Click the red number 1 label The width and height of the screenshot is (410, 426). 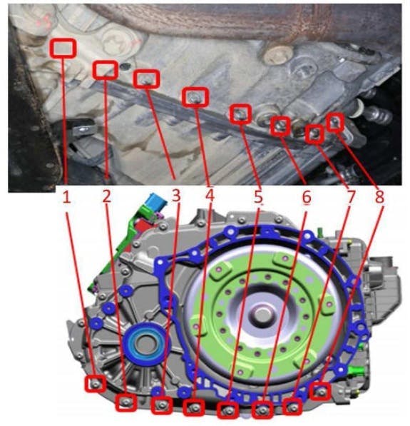click(67, 197)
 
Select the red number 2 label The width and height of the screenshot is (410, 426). click(107, 196)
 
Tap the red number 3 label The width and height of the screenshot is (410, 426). click(176, 196)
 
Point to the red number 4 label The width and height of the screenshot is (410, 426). click(210, 196)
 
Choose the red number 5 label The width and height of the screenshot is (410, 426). click(258, 197)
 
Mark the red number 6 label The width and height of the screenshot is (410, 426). click(307, 197)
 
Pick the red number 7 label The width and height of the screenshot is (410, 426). click(351, 197)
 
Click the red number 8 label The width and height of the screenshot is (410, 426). click(379, 196)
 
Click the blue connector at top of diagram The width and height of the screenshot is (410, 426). click(155, 203)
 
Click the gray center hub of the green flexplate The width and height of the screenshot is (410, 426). click(261, 315)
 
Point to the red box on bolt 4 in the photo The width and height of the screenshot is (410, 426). click(195, 96)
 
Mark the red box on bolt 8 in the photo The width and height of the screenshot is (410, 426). click(336, 123)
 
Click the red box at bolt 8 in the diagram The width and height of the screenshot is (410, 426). click(320, 391)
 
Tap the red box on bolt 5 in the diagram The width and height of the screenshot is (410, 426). click(228, 410)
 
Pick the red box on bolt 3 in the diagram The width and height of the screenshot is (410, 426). click(162, 405)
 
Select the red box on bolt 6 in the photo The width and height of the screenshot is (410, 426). click(280, 126)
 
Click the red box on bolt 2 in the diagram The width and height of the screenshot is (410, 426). click(125, 402)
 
